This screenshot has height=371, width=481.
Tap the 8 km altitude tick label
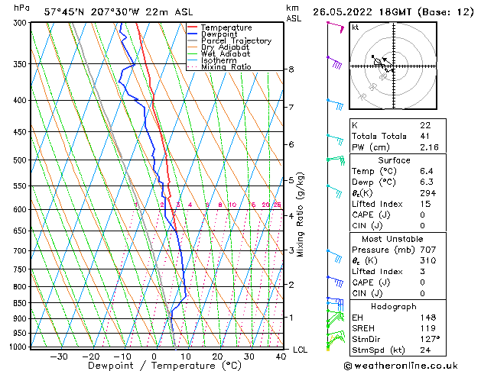click(291, 69)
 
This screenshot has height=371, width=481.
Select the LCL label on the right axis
click(301, 350)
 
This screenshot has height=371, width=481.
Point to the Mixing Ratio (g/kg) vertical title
click(301, 215)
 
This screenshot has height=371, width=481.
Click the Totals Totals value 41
click(425, 136)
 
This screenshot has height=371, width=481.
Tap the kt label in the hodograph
click(355, 27)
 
